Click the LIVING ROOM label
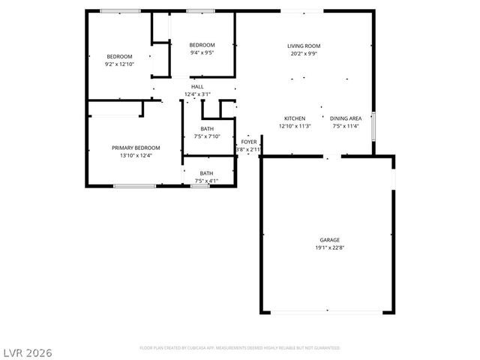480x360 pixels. click(x=304, y=46)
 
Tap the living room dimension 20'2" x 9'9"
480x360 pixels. click(x=304, y=53)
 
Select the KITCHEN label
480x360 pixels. click(x=294, y=118)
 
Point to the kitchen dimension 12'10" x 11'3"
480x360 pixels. click(x=294, y=126)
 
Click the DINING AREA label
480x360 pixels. click(x=346, y=118)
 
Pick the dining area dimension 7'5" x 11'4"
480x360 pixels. click(x=346, y=126)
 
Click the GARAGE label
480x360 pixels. click(x=329, y=240)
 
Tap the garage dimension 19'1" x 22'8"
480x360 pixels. click(x=329, y=247)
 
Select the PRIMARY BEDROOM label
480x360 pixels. click(x=132, y=148)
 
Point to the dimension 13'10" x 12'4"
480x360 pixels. click(x=132, y=155)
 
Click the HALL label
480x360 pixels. click(x=197, y=87)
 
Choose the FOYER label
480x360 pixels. click(x=248, y=142)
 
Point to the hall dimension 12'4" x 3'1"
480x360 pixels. click(x=197, y=94)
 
